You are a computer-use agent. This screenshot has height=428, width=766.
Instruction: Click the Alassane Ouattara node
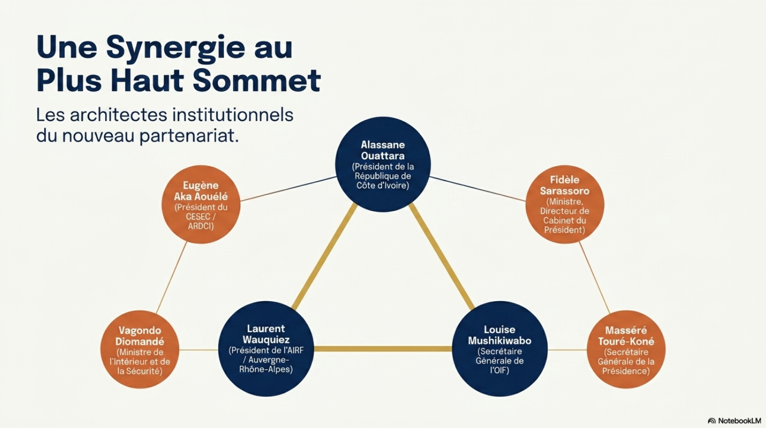382,164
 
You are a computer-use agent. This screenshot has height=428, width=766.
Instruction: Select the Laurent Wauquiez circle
266,348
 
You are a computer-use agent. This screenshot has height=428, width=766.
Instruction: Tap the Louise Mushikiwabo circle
499,348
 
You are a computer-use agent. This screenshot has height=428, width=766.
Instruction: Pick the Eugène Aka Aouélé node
201,204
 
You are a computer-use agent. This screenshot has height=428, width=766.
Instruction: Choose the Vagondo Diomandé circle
139,349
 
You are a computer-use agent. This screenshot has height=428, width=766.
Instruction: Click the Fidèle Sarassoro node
564,204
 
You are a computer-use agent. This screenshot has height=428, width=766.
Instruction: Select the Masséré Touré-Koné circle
626,349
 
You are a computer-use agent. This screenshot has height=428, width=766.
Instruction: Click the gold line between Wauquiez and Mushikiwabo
383,349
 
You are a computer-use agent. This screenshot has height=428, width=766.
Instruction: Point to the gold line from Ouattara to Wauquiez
324,257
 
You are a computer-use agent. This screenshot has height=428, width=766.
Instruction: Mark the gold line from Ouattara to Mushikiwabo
442,256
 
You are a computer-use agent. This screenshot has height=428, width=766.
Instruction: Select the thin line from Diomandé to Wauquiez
199,350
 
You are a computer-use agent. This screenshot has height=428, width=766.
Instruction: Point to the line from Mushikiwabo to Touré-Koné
567,350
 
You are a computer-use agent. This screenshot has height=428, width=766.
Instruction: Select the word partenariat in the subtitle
189,136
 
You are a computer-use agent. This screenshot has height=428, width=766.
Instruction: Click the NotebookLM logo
734,421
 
